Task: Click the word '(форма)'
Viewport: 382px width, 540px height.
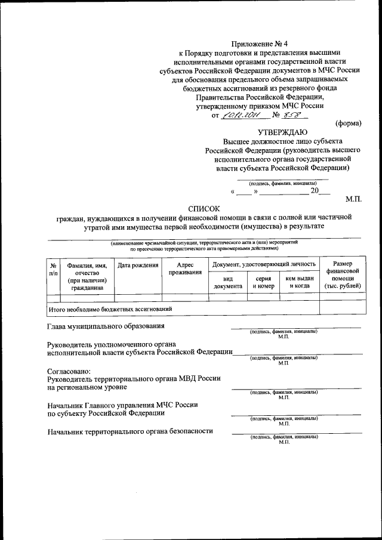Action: pos(348,124)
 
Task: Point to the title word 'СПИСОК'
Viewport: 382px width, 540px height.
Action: pos(204,208)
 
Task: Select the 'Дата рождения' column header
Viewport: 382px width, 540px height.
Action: pos(138,265)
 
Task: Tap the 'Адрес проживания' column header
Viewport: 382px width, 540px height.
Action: pos(184,269)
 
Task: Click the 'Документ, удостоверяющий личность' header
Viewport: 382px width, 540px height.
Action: pos(263,264)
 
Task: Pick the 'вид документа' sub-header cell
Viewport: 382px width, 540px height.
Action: pos(227,282)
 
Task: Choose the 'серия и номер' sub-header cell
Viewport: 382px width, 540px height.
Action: pos(263,282)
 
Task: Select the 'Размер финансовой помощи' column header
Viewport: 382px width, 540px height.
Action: pos(342,275)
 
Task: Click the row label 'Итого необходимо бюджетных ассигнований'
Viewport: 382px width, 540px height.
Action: pos(110,309)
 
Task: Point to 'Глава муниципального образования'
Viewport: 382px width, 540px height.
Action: pos(106,326)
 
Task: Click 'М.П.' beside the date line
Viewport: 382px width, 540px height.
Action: pos(354,198)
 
